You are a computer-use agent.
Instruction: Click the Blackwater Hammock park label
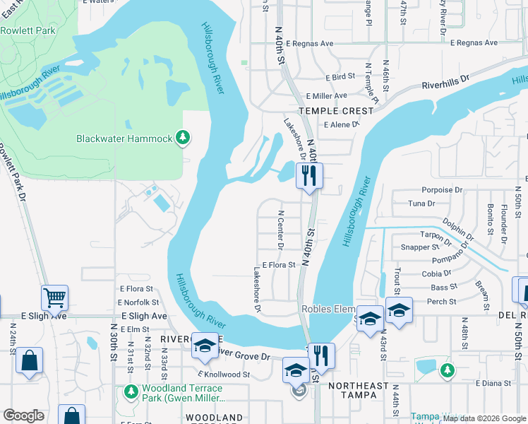[x=124, y=139]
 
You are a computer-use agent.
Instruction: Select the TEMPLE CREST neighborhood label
[x=335, y=111]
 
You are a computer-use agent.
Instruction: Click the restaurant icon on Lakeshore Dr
[x=308, y=176]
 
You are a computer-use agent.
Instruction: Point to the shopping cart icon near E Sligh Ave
[x=54, y=298]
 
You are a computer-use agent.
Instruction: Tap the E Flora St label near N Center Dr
[x=278, y=265]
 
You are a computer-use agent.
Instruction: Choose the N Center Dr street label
[x=281, y=230]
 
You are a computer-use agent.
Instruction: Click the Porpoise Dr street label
[x=442, y=189]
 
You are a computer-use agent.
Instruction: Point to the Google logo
[x=24, y=416]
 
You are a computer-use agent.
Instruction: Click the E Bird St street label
[x=340, y=76]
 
